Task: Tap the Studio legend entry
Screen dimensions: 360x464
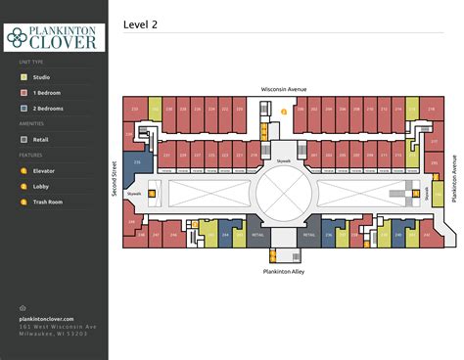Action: click(40, 77)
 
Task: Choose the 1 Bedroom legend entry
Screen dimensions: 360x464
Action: click(45, 93)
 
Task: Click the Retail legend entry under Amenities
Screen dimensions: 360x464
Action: click(40, 140)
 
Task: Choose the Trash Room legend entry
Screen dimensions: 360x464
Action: click(47, 202)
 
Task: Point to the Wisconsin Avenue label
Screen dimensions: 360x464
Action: click(284, 89)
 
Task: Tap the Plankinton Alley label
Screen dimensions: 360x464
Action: click(284, 271)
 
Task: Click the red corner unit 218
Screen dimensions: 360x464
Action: click(432, 110)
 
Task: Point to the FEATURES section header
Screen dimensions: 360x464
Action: click(29, 156)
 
